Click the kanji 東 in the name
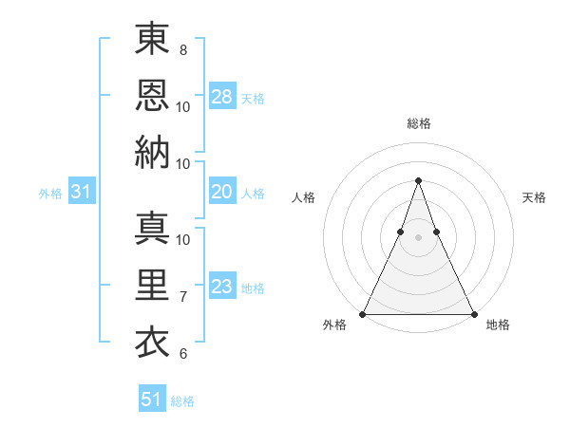tap(152, 40)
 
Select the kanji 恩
tap(152, 95)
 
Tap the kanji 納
tap(152, 152)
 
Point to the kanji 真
tap(152, 228)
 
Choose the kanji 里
tap(152, 285)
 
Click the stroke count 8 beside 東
tap(183, 49)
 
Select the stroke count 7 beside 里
tap(183, 297)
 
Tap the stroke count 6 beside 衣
tap(183, 354)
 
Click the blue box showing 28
tap(222, 97)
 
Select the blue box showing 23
tap(222, 287)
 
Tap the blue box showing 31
tap(82, 193)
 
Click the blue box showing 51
tap(152, 400)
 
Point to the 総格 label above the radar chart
tap(418, 123)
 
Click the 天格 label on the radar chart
tap(534, 197)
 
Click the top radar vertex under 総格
tap(418, 180)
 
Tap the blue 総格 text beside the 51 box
tap(182, 401)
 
